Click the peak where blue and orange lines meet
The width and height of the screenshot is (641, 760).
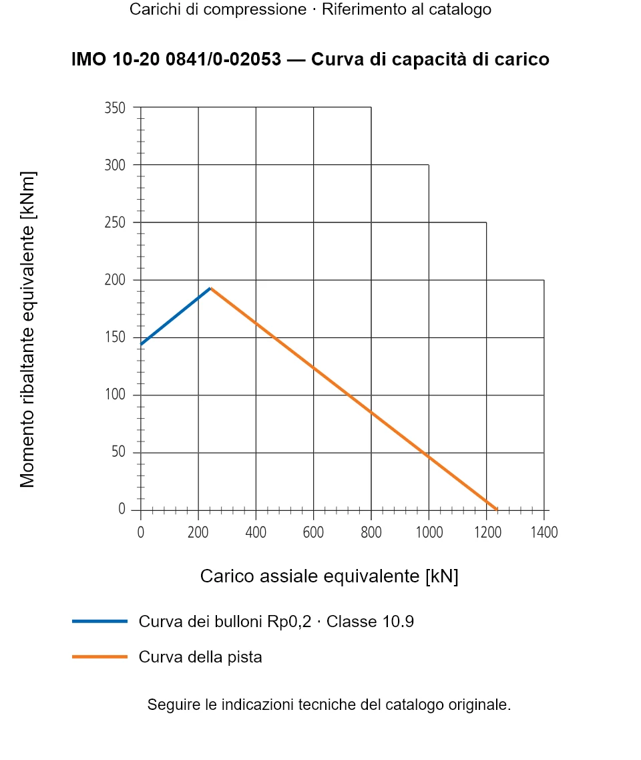coord(210,289)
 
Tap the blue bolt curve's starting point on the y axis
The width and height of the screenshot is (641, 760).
coord(141,344)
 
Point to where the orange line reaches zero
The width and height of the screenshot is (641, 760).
coord(497,510)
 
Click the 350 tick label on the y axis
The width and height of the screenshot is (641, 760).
coord(115,108)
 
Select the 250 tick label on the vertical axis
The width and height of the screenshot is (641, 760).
coord(115,222)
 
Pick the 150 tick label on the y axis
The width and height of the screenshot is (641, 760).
coord(115,337)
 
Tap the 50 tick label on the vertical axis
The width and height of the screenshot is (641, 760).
coord(118,451)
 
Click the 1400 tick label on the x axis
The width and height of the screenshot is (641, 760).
coord(544,532)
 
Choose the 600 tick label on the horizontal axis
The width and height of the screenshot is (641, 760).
coord(313,532)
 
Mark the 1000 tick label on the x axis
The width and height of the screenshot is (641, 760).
coord(429,532)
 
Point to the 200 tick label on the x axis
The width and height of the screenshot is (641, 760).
coord(198,532)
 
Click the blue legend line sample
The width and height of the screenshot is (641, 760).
coord(99,621)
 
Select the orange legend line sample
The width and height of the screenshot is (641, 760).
coord(99,656)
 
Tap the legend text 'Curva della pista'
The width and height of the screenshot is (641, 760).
coord(200,657)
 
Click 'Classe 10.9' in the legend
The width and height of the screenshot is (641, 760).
coord(370,621)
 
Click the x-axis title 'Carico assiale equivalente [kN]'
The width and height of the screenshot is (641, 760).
coord(329,576)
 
